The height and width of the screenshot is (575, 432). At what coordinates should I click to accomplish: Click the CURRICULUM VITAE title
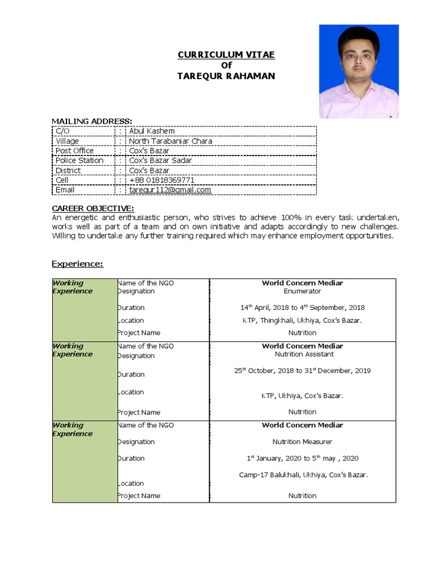(227, 54)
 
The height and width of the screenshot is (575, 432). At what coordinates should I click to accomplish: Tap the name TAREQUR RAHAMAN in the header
(227, 76)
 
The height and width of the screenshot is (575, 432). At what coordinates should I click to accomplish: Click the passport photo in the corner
(359, 71)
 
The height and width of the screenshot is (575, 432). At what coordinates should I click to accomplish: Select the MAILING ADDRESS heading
(92, 121)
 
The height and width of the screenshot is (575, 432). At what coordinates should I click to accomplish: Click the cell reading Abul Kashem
(152, 131)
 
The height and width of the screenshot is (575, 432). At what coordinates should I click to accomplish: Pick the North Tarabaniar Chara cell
(170, 141)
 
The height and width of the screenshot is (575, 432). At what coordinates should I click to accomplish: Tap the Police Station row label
(79, 161)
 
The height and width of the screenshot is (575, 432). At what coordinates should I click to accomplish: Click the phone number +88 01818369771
(162, 180)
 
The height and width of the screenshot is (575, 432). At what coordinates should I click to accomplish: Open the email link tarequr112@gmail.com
(170, 190)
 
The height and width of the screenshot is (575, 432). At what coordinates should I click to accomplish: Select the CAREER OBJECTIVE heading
(93, 209)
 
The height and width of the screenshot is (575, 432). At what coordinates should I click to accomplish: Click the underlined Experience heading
(78, 264)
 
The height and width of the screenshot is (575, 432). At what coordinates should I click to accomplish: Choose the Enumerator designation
(303, 291)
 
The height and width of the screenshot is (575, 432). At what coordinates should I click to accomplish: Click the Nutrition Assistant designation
(304, 354)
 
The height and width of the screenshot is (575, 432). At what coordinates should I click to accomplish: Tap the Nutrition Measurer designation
(303, 442)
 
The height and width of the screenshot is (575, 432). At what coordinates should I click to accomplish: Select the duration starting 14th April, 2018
(303, 307)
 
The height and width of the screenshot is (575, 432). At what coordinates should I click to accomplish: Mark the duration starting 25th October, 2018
(303, 371)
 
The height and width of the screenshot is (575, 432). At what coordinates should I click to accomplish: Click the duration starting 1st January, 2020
(303, 458)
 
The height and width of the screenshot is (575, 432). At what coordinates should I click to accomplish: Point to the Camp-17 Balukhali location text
(303, 474)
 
